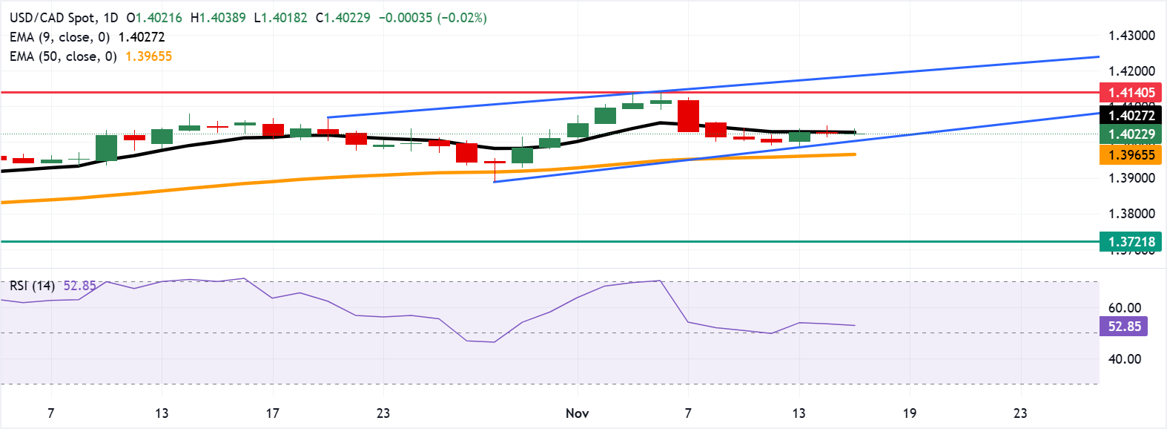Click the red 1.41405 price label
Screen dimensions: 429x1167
(1131, 93)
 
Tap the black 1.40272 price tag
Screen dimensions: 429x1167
(1131, 115)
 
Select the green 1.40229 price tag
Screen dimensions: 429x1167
(1131, 134)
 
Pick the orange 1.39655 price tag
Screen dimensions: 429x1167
(1131, 155)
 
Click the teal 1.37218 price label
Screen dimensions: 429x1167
(1131, 242)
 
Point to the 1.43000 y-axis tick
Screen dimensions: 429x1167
(1131, 36)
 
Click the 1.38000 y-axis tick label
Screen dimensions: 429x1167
(1131, 214)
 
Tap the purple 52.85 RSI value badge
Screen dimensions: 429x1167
(1124, 327)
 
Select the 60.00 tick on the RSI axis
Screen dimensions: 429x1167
(1124, 308)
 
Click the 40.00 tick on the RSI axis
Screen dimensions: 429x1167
(1124, 359)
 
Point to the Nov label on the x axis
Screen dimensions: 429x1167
(577, 413)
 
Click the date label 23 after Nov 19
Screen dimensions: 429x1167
(1020, 413)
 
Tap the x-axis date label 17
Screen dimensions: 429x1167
(272, 413)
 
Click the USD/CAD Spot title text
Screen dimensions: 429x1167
(53, 17)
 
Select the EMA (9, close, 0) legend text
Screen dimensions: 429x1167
(59, 37)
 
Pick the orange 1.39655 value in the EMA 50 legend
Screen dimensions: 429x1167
(148, 56)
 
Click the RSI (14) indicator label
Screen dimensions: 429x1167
(32, 286)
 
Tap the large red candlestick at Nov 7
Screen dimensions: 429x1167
(688, 116)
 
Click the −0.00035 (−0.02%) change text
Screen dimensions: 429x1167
(433, 17)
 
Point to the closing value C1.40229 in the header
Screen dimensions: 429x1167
(343, 17)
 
